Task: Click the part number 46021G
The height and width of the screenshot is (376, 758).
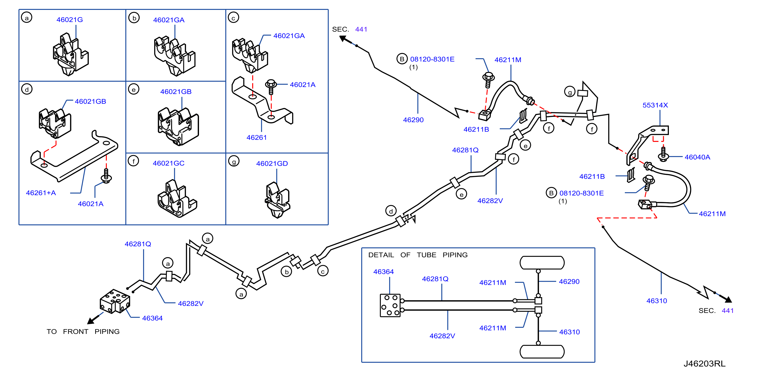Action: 69,20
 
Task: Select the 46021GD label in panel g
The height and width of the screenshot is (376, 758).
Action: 272,163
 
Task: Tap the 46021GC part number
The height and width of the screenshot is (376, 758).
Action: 168,163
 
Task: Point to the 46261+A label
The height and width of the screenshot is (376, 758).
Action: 41,193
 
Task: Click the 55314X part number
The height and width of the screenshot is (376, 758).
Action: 655,105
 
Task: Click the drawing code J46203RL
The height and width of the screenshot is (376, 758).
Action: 704,364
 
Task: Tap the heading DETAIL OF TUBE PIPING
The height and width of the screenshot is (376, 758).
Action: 418,255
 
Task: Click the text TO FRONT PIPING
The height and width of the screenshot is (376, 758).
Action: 83,332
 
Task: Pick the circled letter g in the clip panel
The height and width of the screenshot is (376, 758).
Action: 234,161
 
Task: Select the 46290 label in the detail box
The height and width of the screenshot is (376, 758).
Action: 569,281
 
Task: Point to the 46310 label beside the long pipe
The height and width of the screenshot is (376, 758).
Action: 656,301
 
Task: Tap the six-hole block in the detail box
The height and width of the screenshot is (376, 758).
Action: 390,305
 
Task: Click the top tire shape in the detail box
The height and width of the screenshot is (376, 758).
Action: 542,263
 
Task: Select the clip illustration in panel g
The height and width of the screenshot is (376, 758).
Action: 277,200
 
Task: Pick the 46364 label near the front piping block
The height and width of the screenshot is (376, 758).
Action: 152,318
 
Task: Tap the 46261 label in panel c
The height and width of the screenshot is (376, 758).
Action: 256,138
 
